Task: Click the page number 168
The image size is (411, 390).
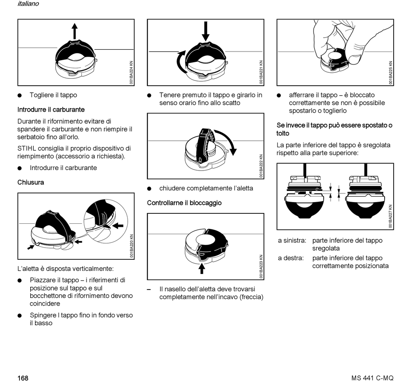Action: (22, 378)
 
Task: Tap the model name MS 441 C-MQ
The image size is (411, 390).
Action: (372, 378)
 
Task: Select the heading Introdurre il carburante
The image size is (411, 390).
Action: (51, 110)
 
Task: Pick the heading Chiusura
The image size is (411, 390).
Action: (31, 183)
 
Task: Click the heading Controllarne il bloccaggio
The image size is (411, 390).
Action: (184, 203)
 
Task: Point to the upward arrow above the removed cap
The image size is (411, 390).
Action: (75, 32)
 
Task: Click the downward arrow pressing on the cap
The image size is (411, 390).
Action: (205, 31)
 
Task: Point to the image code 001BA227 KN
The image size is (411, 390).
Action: (390, 216)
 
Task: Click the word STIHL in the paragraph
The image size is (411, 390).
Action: (26, 148)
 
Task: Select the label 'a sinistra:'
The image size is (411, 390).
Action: (292, 241)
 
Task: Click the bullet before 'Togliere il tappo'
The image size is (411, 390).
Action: (20, 95)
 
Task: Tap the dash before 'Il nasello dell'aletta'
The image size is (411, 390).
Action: (149, 289)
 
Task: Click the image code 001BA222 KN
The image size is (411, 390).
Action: (261, 166)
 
